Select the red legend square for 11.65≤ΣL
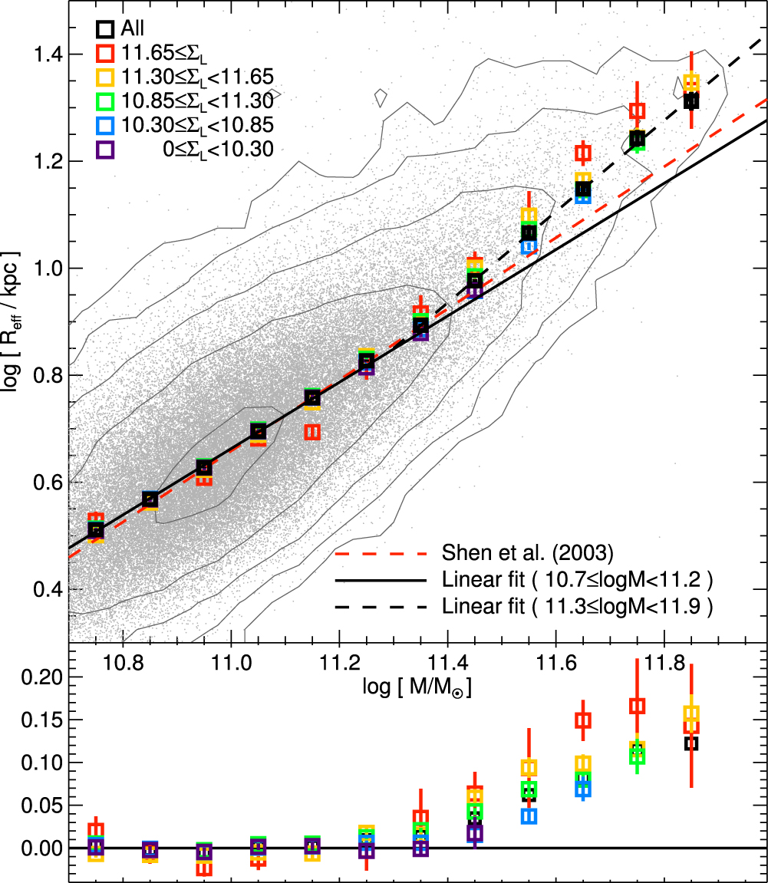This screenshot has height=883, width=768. (105, 53)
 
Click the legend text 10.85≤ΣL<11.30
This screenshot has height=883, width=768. (196, 100)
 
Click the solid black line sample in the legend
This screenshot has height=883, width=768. (379, 580)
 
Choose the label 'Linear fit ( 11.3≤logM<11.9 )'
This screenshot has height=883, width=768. (578, 607)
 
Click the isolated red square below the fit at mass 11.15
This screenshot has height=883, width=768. (312, 432)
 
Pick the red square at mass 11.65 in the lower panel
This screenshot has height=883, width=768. (583, 720)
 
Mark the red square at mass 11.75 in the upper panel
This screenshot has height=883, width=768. (637, 110)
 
